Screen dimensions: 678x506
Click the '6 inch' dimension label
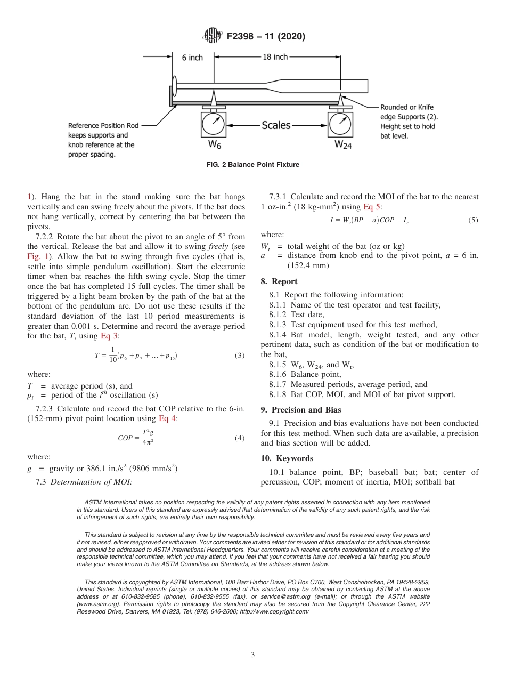[192, 58]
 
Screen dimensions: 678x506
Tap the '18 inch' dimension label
[275, 57]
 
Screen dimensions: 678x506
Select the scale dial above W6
[214, 124]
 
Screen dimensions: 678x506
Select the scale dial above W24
[340, 124]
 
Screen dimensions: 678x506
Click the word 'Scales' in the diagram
[276, 125]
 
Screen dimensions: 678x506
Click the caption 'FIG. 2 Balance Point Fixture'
[252, 165]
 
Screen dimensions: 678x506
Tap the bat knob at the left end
[174, 86]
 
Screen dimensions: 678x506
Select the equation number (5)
[473, 220]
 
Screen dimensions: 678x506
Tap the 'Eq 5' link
[371, 207]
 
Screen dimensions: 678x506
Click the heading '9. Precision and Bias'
[301, 410]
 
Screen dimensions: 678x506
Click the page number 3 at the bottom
[253, 655]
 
